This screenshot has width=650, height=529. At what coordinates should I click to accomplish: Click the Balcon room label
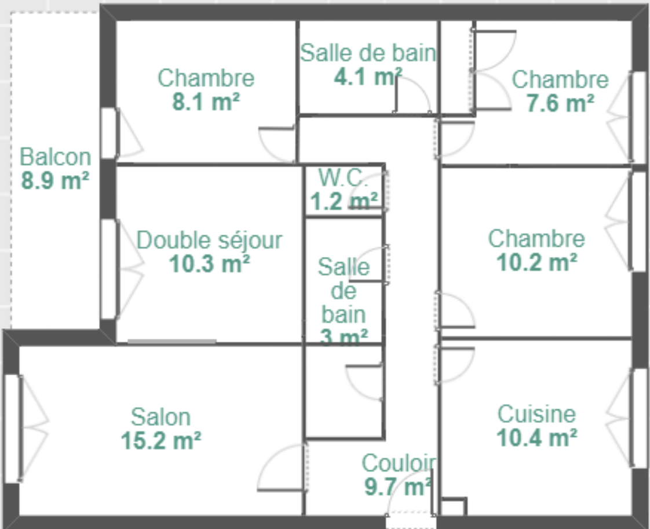(x=56, y=157)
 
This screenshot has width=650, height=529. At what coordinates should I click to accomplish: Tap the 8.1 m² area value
(x=206, y=102)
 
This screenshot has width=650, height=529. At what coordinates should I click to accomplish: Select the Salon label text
(x=161, y=417)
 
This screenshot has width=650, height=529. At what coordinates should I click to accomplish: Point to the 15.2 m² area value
(x=161, y=441)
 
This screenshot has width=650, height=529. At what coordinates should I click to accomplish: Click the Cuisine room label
(x=537, y=414)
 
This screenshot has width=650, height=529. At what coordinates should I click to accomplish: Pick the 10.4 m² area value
(x=537, y=438)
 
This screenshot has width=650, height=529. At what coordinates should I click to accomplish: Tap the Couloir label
(x=399, y=463)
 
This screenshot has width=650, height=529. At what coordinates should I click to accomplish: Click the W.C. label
(x=343, y=177)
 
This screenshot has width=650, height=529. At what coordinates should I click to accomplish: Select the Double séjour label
(x=209, y=240)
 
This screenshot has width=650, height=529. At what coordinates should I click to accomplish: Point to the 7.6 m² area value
(x=560, y=103)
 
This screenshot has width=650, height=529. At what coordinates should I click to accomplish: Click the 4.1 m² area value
(x=368, y=77)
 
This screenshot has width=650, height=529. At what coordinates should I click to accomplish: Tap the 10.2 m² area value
(x=537, y=262)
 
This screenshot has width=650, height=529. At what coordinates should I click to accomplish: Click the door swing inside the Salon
(x=283, y=468)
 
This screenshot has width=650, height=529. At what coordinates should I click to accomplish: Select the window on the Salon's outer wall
(x=12, y=429)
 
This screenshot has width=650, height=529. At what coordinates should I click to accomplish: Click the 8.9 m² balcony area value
(x=56, y=181)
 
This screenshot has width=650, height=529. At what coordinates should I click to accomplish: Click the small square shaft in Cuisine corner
(x=454, y=506)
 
